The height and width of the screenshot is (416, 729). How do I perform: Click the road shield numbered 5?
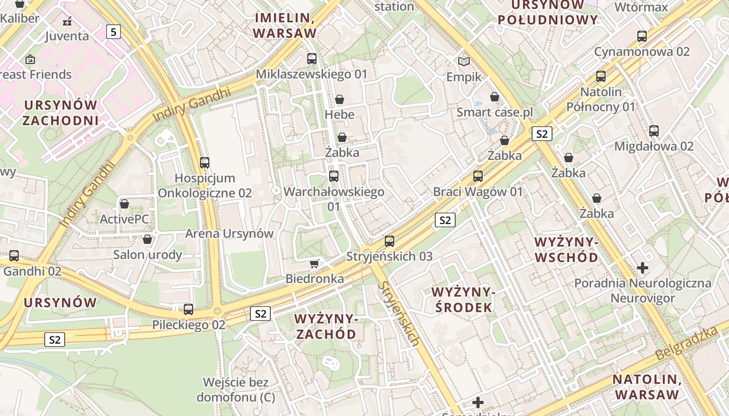click(x=114, y=32)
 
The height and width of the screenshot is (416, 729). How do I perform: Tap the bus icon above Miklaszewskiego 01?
click(x=312, y=59)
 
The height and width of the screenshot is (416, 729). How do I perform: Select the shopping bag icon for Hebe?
click(x=340, y=99)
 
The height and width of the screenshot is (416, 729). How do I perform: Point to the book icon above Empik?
click(x=464, y=61)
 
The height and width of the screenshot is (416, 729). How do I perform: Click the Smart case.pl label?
click(x=494, y=112)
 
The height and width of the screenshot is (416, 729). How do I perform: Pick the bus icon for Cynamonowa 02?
click(x=642, y=36)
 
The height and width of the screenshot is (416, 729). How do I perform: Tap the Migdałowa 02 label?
click(x=654, y=146)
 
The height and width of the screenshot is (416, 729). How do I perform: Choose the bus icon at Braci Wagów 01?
click(x=478, y=176)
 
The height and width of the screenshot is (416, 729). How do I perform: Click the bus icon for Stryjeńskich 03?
click(x=389, y=241)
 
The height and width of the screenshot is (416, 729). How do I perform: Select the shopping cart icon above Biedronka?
click(x=315, y=264)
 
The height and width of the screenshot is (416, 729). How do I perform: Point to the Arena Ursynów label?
click(x=229, y=233)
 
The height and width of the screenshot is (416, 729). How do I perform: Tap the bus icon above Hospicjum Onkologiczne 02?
click(x=205, y=163)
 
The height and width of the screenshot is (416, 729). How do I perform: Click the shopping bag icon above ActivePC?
click(x=124, y=204)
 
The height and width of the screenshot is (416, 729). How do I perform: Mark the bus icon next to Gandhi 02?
click(x=14, y=256)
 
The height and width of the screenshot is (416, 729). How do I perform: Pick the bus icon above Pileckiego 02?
click(x=188, y=309)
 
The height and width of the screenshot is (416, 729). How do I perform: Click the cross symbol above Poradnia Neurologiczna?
click(x=643, y=268)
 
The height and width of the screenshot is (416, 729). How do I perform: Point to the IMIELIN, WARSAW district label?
click(x=285, y=25)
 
